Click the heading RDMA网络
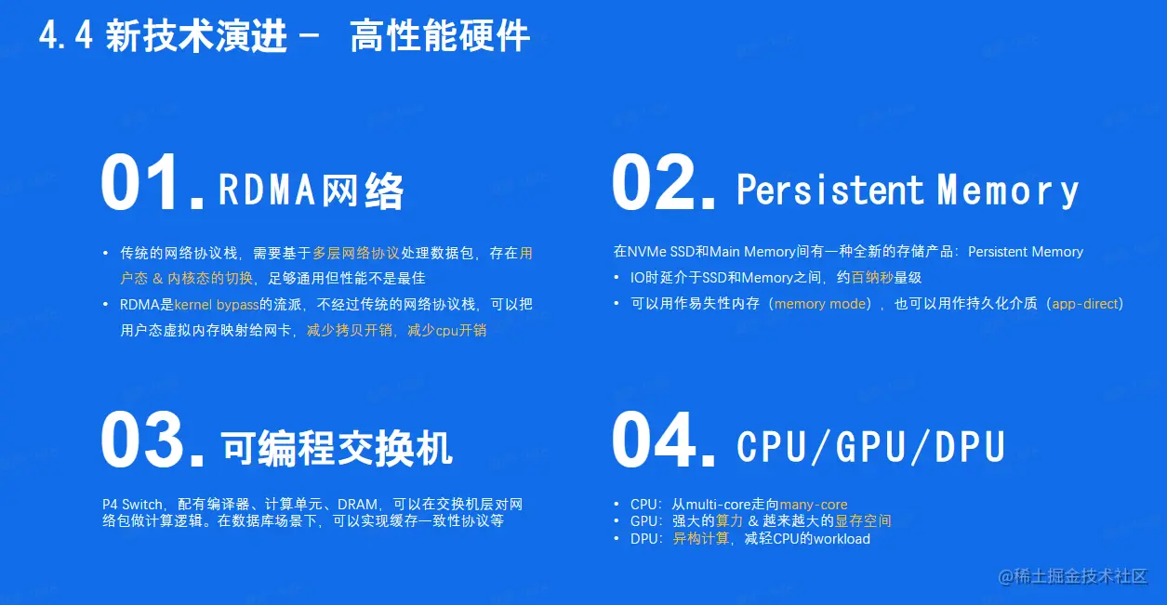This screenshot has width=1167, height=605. [312, 191]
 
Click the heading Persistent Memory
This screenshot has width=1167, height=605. [908, 191]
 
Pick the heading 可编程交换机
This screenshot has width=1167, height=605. [337, 448]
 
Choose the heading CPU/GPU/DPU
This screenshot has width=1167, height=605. [870, 447]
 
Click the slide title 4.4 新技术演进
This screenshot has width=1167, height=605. [164, 37]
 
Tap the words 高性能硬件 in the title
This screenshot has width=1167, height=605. [439, 37]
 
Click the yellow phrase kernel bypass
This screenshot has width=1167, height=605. [216, 304]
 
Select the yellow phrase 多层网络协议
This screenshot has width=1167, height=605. [356, 253]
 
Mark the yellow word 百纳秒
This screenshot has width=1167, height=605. [871, 278]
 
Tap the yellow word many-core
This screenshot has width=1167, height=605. [814, 505]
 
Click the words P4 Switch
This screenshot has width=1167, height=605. [133, 505]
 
